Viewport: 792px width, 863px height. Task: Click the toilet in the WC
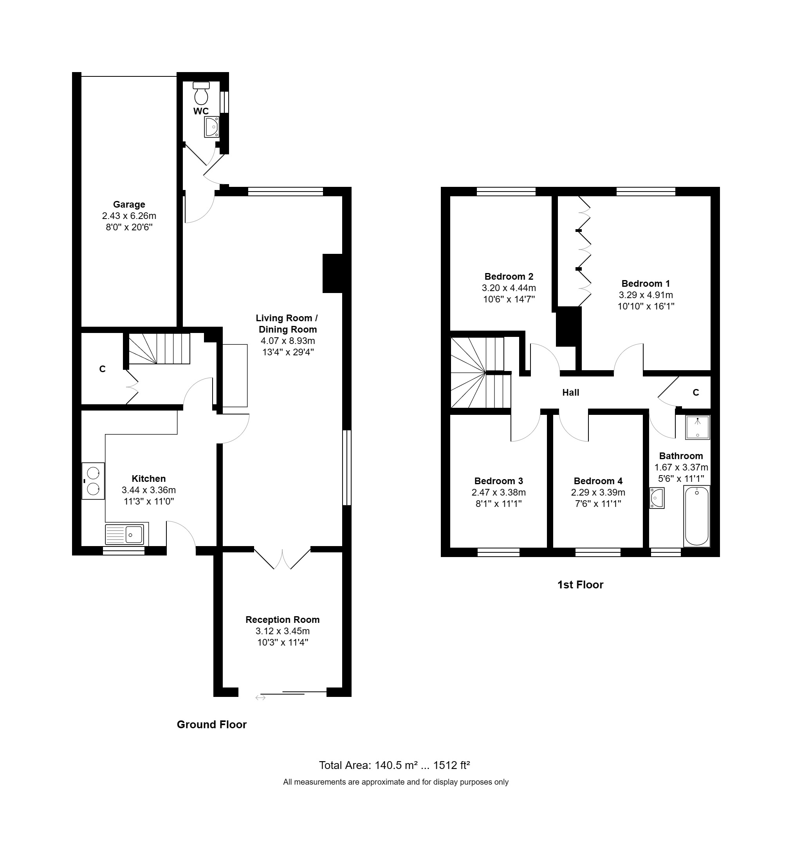pyautogui.click(x=201, y=93)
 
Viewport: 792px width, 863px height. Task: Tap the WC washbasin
pyautogui.click(x=212, y=127)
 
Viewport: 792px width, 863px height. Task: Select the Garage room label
pyautogui.click(x=129, y=204)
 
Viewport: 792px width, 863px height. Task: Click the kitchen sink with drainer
pyautogui.click(x=124, y=534)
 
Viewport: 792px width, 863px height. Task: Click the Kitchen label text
pyautogui.click(x=148, y=479)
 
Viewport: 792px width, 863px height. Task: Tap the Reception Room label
pyautogui.click(x=282, y=619)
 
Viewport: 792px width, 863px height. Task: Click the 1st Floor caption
pyautogui.click(x=580, y=584)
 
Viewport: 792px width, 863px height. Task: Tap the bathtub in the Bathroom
pyautogui.click(x=697, y=516)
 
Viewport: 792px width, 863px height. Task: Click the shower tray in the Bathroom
pyautogui.click(x=697, y=427)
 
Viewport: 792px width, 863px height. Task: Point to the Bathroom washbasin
pyautogui.click(x=657, y=498)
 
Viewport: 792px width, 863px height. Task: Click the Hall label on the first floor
pyautogui.click(x=570, y=393)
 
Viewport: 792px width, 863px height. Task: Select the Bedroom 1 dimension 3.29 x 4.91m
pyautogui.click(x=646, y=295)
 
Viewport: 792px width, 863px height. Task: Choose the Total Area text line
pyautogui.click(x=394, y=765)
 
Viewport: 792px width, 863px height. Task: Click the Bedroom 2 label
pyautogui.click(x=509, y=276)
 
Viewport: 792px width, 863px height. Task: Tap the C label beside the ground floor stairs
pyautogui.click(x=103, y=369)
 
